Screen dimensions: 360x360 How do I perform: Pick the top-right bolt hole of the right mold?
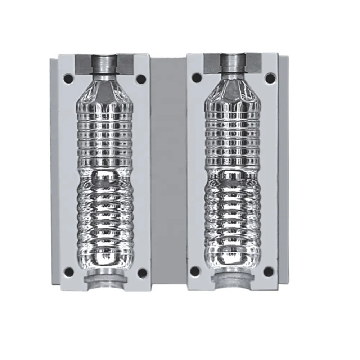coord(270,78)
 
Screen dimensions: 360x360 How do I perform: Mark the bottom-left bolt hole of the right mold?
coord(195,271)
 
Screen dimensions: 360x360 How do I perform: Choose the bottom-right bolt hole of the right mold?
coord(269,271)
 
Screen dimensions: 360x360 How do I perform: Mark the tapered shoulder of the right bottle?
coord(233,92)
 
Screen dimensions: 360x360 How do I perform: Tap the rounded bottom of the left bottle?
coord(104,257)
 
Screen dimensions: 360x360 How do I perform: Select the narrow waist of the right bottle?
coord(233,169)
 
